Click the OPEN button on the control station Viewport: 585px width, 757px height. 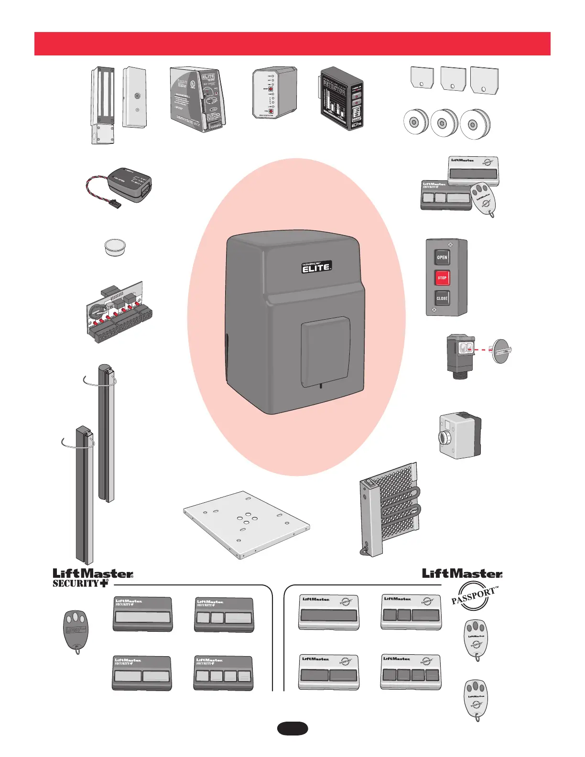point(442,257)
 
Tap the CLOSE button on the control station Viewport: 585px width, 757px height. point(442,298)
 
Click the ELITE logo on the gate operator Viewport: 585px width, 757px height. point(316,267)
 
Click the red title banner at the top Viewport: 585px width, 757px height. point(292,43)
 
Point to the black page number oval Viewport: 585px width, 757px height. point(292,728)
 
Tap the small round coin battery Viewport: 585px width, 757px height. point(115,248)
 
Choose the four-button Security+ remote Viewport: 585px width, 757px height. point(223,673)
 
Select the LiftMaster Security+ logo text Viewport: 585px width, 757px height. point(93,577)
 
